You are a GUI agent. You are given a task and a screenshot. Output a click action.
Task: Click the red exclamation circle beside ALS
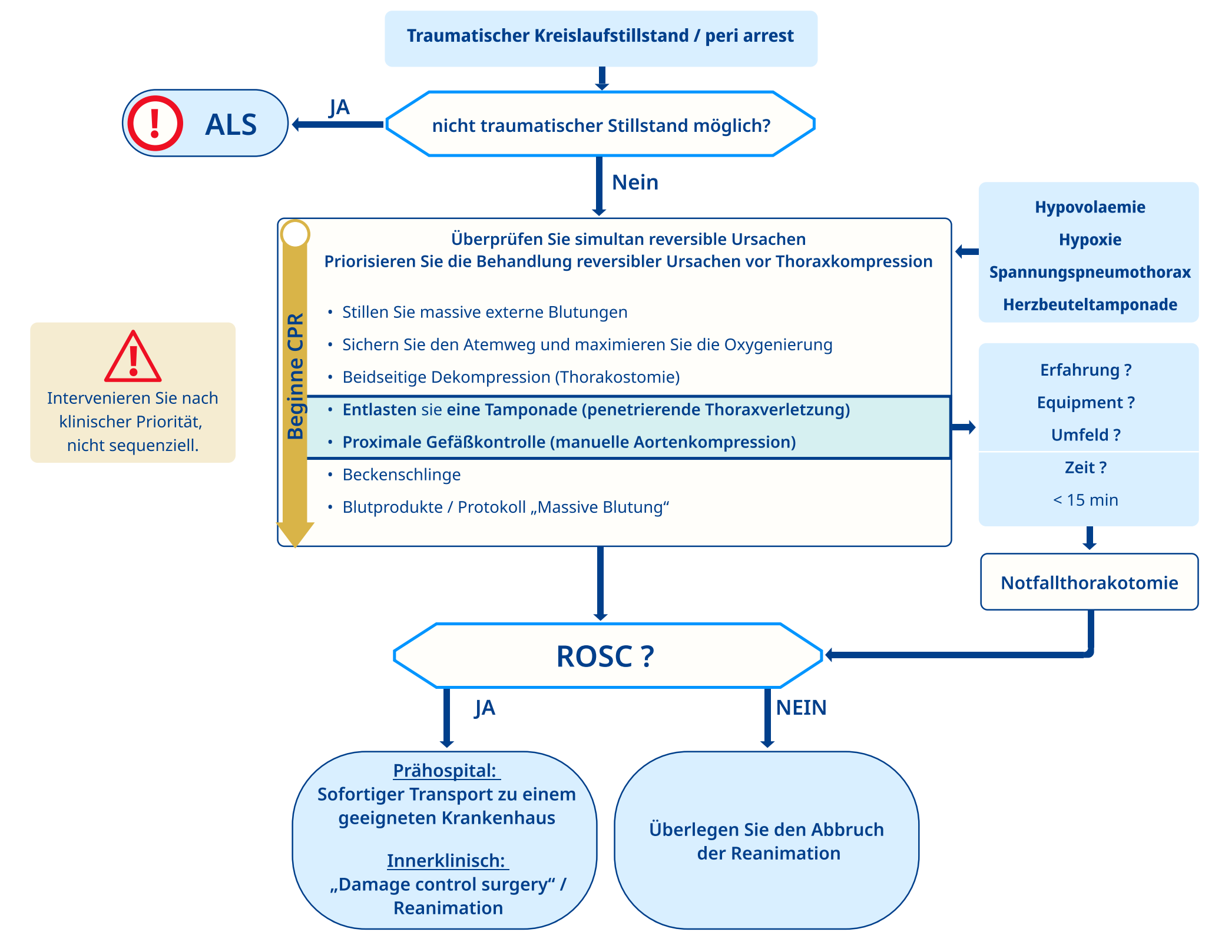155,124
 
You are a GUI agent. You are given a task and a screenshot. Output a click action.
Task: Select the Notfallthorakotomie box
1089,582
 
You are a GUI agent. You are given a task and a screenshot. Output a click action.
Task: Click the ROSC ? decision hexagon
607,656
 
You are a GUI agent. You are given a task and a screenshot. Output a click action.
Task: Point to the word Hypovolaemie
1090,207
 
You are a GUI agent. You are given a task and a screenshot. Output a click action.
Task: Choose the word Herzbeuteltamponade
1090,304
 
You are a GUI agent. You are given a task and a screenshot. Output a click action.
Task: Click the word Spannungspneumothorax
1090,272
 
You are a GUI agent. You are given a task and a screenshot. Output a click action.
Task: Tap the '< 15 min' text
1085,500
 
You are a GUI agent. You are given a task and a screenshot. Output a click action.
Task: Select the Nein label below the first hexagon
635,183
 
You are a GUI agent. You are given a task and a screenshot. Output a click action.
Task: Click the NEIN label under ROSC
801,707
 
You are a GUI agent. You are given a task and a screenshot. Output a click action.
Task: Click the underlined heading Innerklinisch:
446,861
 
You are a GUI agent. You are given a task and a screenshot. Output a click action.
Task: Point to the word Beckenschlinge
402,475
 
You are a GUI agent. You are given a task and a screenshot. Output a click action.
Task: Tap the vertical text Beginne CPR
295,377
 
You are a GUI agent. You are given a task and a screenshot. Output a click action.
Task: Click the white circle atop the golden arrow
295,234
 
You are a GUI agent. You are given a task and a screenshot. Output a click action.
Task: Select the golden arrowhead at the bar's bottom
295,533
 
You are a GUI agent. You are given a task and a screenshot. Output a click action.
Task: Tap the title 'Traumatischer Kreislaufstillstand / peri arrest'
600,36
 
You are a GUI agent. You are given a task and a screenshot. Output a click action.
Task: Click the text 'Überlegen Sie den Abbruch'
766,830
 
